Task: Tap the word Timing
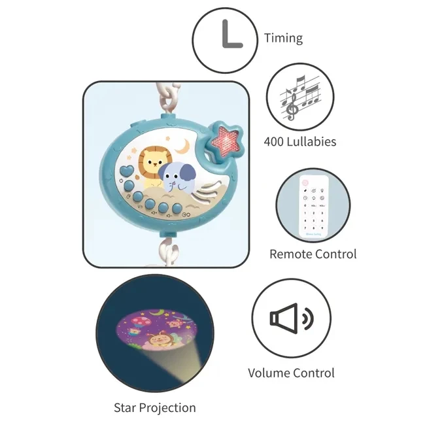pos(283,38)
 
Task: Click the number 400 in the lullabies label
pos(277,141)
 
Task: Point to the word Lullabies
pos(314,141)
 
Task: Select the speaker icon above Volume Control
pos(290,318)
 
